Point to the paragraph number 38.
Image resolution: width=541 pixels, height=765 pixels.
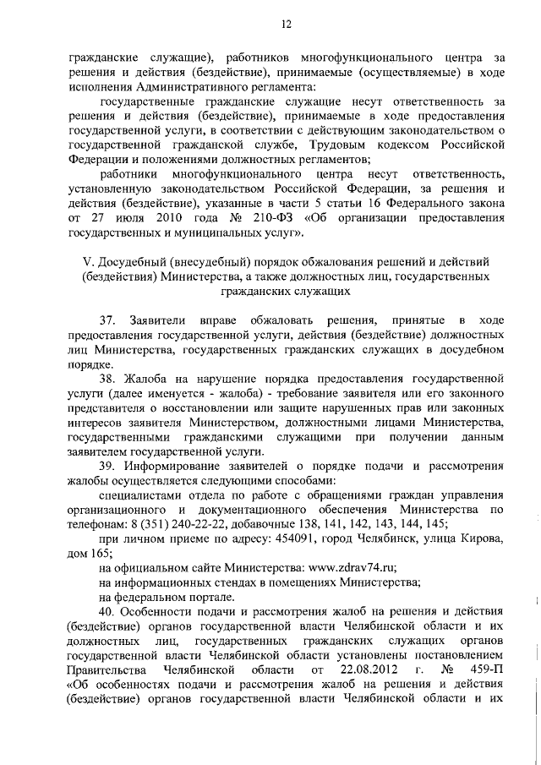pos(107,378)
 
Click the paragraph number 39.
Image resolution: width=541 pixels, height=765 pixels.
pos(107,466)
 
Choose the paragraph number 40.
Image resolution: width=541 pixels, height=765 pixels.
pos(107,611)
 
